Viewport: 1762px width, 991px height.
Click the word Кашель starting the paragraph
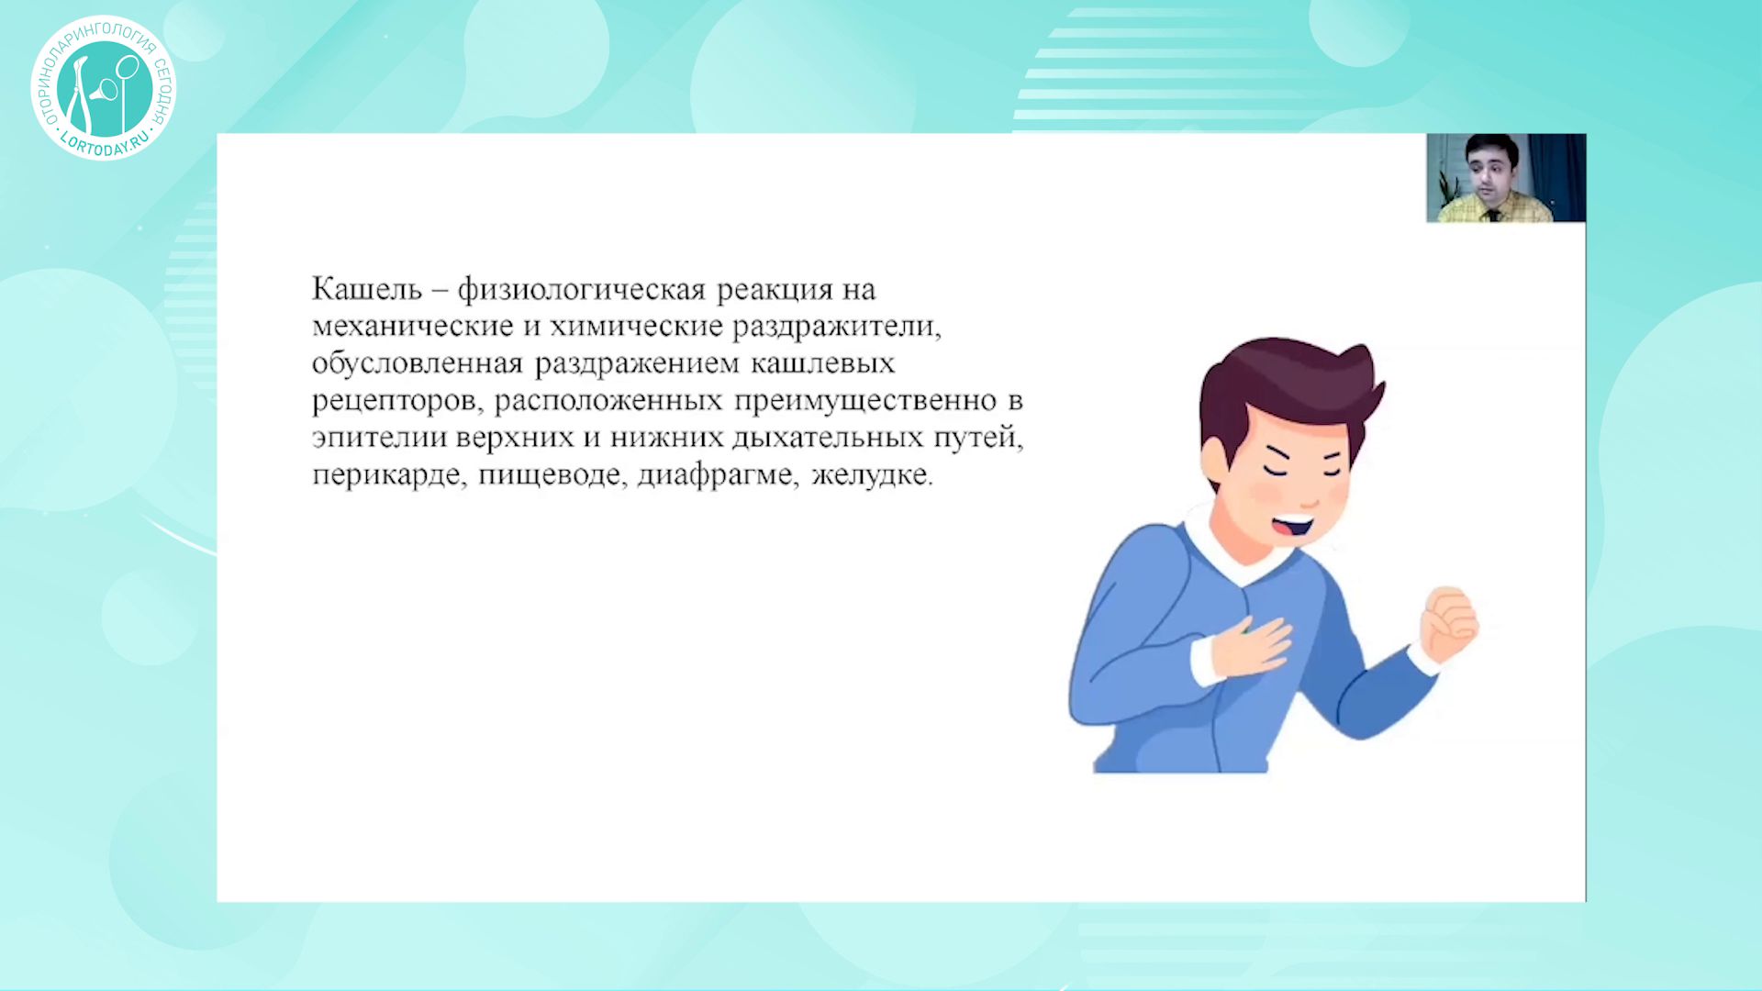click(367, 289)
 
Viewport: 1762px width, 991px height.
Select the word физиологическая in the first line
click(582, 291)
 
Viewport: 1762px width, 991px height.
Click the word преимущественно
click(864, 401)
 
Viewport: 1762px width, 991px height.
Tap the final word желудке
click(871, 474)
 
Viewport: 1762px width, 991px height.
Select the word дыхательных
click(827, 439)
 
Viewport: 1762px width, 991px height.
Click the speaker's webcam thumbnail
click(1506, 178)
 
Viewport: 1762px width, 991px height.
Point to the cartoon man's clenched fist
click(1450, 624)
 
